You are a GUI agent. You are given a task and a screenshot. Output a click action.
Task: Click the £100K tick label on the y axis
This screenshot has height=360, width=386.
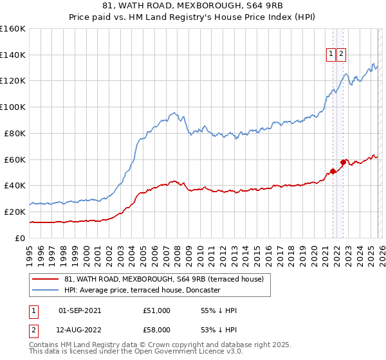(12, 107)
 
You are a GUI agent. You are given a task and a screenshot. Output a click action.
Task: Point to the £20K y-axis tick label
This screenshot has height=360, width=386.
(15, 212)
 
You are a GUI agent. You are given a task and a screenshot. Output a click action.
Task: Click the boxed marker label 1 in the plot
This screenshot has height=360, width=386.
(331, 55)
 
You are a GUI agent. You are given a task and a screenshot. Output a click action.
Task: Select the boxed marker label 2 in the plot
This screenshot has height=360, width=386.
(340, 55)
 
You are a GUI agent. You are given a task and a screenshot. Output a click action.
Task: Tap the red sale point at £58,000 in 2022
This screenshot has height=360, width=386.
(344, 162)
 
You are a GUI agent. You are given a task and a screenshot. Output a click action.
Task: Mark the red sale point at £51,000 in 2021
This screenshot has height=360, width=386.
(333, 171)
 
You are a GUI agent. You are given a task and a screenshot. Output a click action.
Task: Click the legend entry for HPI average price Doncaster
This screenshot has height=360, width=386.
(142, 290)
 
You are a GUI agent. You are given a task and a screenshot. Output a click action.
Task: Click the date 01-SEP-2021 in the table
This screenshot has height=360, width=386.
(80, 310)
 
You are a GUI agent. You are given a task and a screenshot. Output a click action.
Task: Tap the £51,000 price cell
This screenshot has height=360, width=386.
(157, 310)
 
